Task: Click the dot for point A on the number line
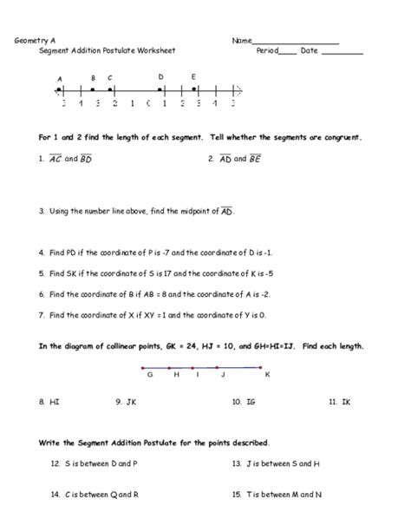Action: (x=59, y=89)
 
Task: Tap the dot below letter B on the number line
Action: (x=93, y=89)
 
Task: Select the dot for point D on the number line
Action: (x=161, y=89)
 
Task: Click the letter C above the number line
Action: (x=110, y=78)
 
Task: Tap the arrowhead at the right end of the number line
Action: (x=238, y=90)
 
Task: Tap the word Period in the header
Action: (x=267, y=50)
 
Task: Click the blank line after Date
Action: (x=348, y=52)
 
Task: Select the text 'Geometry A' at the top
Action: (x=31, y=41)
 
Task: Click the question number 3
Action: (x=41, y=210)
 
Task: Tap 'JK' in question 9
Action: (x=132, y=402)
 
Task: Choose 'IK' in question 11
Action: (x=345, y=402)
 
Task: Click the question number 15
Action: (x=237, y=494)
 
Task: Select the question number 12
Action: (x=55, y=464)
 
